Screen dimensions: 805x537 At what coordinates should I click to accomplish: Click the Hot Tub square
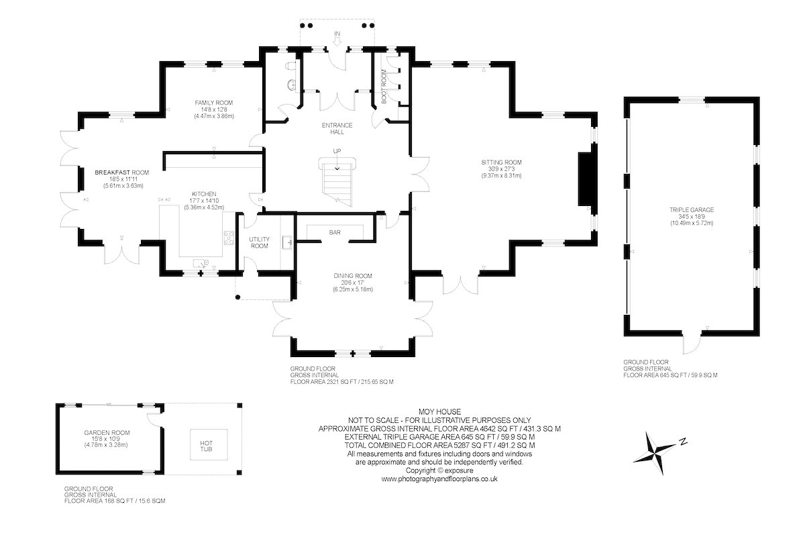209,444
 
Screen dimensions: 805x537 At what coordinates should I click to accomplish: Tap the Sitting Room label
501,162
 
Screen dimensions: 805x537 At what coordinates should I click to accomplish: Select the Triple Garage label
692,209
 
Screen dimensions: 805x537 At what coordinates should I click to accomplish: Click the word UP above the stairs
337,151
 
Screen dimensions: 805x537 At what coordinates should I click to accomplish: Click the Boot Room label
384,87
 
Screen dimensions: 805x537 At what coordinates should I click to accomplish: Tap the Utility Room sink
288,242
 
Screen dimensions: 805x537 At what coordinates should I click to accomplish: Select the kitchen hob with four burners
229,238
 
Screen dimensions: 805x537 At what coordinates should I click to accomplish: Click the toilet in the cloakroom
290,66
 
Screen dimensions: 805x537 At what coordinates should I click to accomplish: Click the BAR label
335,233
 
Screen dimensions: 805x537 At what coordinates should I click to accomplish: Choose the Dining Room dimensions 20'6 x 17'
353,283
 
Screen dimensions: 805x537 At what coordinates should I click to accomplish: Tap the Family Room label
214,103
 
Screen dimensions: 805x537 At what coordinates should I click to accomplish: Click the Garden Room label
107,433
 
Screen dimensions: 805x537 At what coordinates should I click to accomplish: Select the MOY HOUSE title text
439,411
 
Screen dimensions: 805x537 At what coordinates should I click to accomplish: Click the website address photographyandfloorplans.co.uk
439,479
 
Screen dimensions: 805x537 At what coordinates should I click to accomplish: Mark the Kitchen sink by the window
201,264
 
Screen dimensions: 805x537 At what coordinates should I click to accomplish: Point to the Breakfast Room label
121,173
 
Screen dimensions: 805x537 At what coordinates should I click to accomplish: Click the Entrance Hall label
337,128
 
